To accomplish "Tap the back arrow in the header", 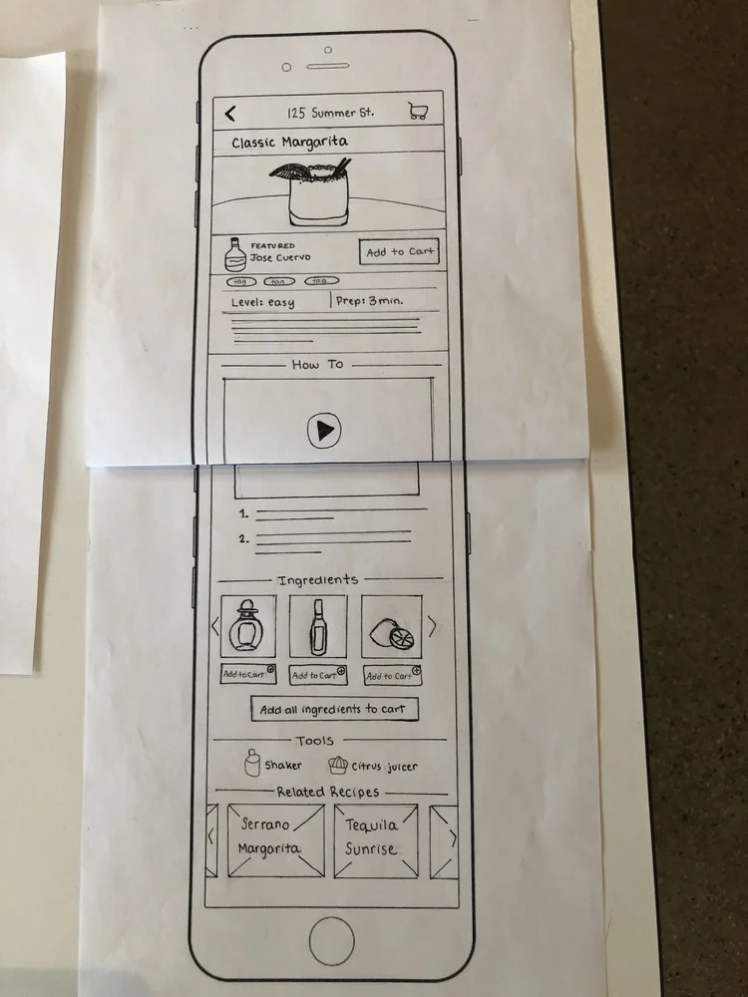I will pyautogui.click(x=231, y=113).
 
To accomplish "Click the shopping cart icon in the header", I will pyautogui.click(x=419, y=112).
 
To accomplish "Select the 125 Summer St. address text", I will pyautogui.click(x=330, y=112).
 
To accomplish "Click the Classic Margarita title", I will pyautogui.click(x=289, y=143).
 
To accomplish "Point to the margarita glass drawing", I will pyautogui.click(x=311, y=191).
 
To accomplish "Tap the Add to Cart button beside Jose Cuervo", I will pyautogui.click(x=400, y=252).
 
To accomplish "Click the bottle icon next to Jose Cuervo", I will pyautogui.click(x=234, y=254).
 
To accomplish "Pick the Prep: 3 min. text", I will pyautogui.click(x=370, y=301).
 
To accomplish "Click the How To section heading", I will pyautogui.click(x=317, y=365).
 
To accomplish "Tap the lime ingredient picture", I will pyautogui.click(x=391, y=628).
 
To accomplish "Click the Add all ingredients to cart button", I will pyautogui.click(x=333, y=710).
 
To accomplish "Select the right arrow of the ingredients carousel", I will pyautogui.click(x=432, y=625).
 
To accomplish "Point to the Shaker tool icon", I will pyautogui.click(x=254, y=764).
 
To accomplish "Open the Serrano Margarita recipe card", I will pyautogui.click(x=275, y=839).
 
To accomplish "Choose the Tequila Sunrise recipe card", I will pyautogui.click(x=374, y=839).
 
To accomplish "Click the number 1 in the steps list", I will pyautogui.click(x=244, y=514).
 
